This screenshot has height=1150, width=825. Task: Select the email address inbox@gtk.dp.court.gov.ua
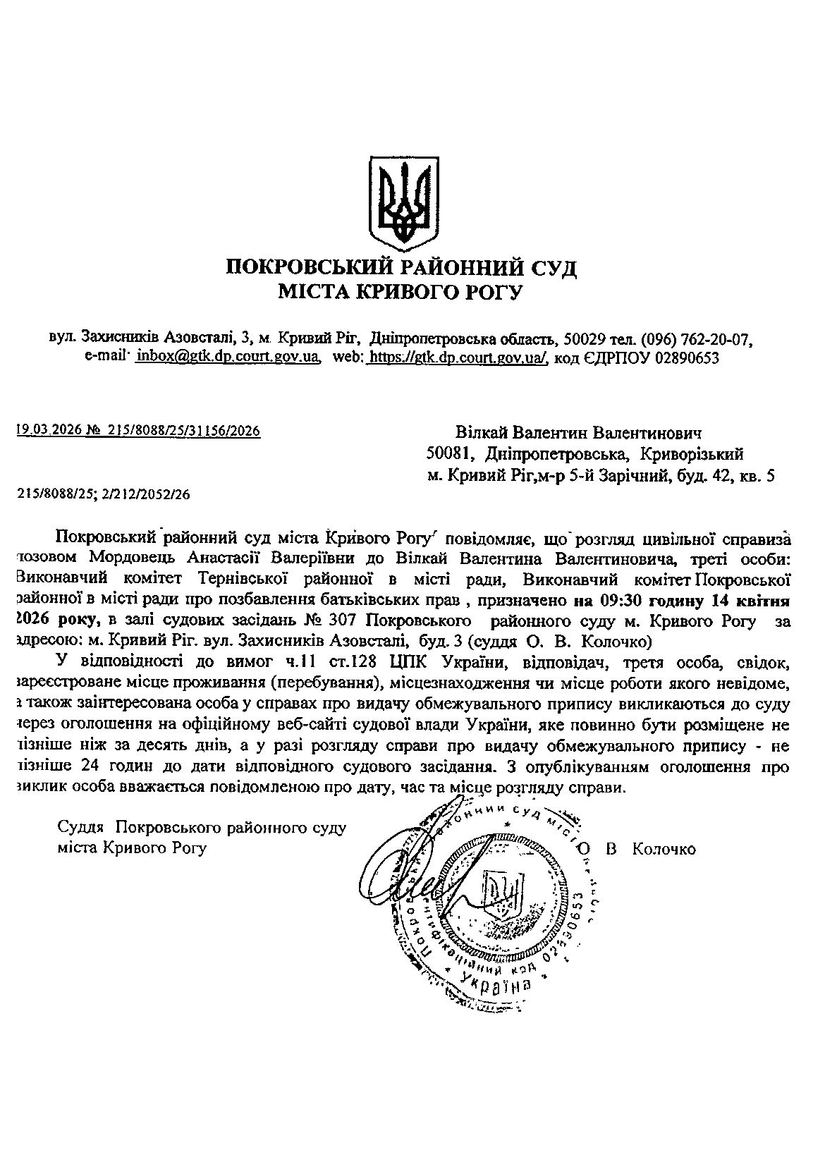click(x=228, y=357)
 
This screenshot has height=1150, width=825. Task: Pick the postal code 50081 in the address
click(x=444, y=455)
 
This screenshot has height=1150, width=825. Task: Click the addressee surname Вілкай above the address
click(x=482, y=432)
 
